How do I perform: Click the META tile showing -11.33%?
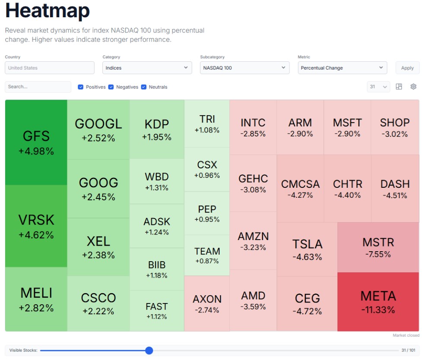point(378,302)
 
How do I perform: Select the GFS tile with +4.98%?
point(36,142)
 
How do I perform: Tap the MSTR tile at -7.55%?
point(378,247)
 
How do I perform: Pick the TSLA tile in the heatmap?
point(307,249)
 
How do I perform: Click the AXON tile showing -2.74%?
point(207,303)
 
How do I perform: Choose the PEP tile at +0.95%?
point(207,213)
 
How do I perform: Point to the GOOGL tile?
point(99,129)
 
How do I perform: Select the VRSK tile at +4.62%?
point(36,226)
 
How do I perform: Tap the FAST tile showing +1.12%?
point(156,311)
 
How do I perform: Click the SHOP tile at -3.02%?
point(394,127)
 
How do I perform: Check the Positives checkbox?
point(81,87)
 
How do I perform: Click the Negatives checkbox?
point(111,87)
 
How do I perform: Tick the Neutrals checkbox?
point(144,87)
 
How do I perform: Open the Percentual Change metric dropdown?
point(342,68)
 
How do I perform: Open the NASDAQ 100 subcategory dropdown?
point(245,68)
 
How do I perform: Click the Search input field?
point(38,87)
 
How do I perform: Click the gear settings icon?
point(413,87)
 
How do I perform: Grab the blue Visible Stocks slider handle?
point(149,351)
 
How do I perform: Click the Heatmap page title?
point(48,11)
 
